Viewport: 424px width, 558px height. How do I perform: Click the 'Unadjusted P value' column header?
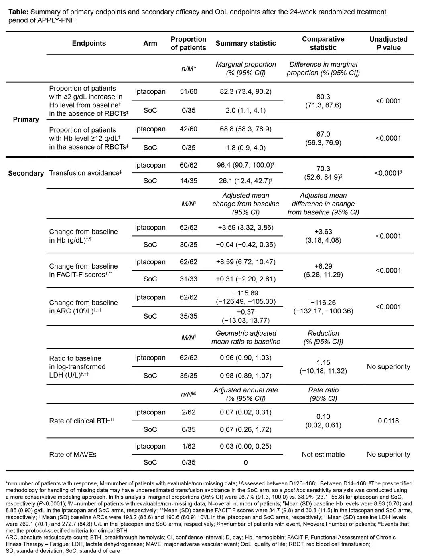388,43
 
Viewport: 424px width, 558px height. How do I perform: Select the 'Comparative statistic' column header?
323,43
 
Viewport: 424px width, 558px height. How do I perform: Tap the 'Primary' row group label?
26,119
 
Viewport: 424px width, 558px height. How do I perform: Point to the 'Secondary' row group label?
26,173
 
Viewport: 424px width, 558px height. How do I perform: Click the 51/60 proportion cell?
188,91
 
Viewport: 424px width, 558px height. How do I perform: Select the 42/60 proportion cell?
188,129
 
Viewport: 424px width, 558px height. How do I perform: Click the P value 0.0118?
388,421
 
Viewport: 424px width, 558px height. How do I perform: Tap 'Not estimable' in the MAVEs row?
323,454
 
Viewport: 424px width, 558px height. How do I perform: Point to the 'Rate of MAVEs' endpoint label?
73,454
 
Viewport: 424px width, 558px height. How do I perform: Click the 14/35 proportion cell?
188,181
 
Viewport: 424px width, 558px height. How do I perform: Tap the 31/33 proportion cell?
188,279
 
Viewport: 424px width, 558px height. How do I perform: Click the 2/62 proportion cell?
188,412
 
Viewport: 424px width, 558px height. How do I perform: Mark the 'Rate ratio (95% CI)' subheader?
323,394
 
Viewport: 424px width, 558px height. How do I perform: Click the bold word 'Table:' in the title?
18,12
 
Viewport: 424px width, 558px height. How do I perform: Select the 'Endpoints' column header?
89,43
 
